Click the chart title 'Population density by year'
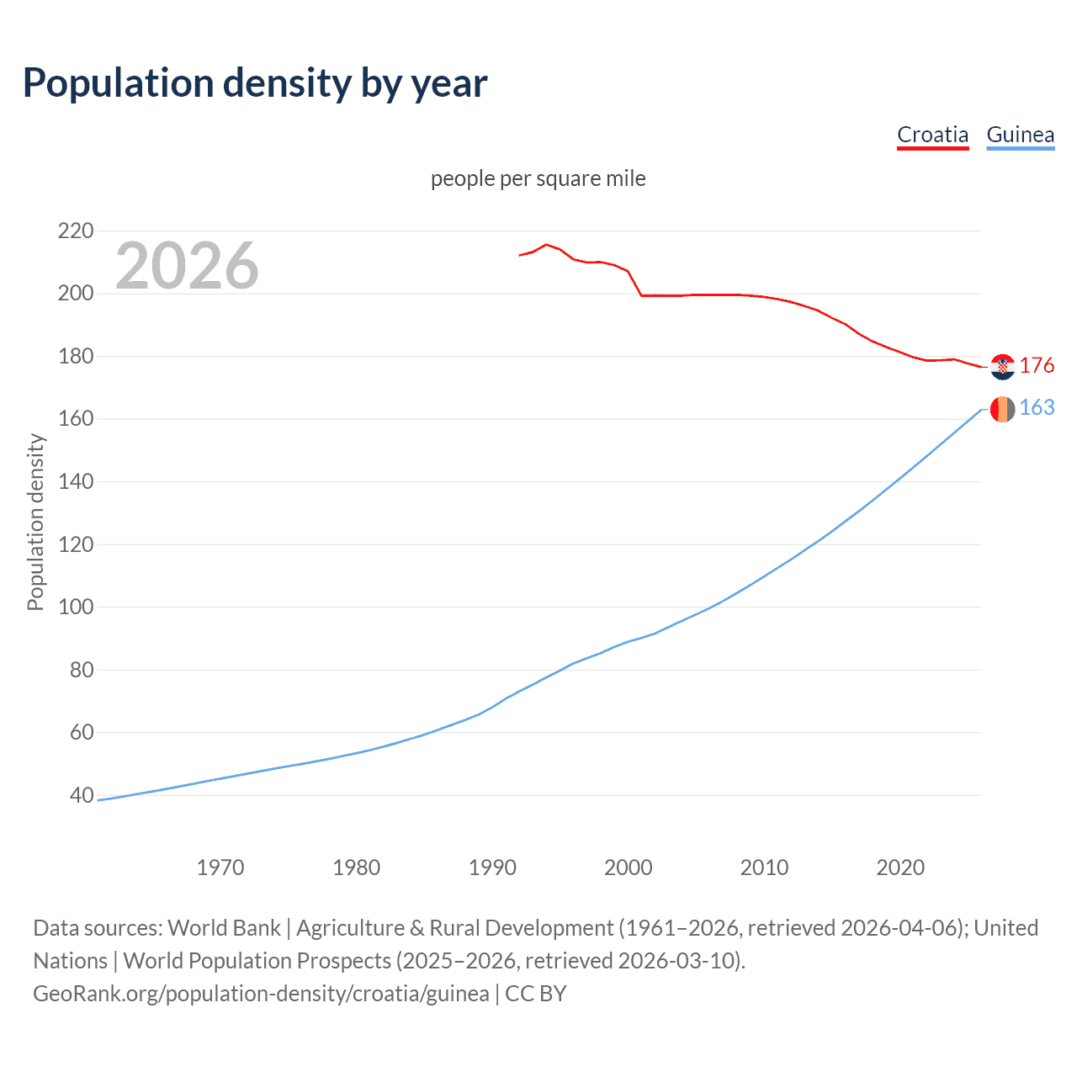(255, 83)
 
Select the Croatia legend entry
(932, 135)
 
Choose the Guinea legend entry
(1020, 135)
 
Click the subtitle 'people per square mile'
(538, 178)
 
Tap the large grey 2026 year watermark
(187, 266)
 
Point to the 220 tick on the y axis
(76, 231)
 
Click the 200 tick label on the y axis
(76, 294)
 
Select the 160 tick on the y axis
(76, 419)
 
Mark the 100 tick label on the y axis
(76, 607)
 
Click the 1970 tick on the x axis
(220, 867)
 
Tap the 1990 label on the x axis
(492, 867)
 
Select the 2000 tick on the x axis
(628, 867)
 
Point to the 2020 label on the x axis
(900, 867)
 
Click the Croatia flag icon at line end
(1002, 367)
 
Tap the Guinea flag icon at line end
(1002, 409)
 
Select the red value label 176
(1037, 365)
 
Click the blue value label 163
(1037, 407)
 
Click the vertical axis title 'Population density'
(35, 522)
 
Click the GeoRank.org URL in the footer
(261, 994)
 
